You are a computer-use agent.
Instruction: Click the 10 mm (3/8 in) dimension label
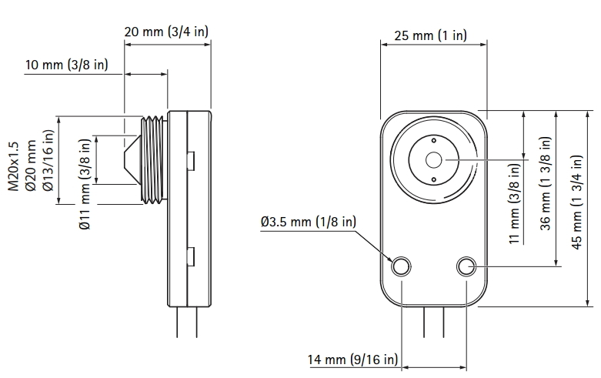[x=65, y=64]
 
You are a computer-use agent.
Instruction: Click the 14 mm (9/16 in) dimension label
[x=353, y=360]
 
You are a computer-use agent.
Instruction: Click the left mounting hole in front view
[x=402, y=267]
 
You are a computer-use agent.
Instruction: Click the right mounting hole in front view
[x=466, y=267]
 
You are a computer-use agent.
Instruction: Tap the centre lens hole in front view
[x=434, y=160]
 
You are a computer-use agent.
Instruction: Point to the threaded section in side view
[x=154, y=160]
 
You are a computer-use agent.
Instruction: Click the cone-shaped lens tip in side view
[x=132, y=160]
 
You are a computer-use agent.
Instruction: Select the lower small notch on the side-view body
[x=191, y=255]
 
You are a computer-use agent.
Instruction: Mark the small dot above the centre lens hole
[x=434, y=142]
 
